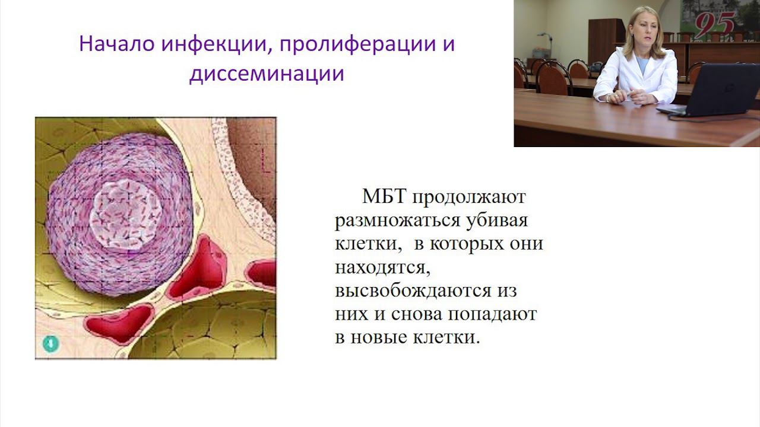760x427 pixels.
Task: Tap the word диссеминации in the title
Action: coord(267,74)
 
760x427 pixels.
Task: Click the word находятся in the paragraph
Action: coord(382,267)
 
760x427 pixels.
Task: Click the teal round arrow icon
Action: coord(50,343)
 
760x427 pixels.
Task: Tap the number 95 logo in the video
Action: coord(714,25)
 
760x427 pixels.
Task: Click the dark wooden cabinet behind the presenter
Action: coord(606,42)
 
